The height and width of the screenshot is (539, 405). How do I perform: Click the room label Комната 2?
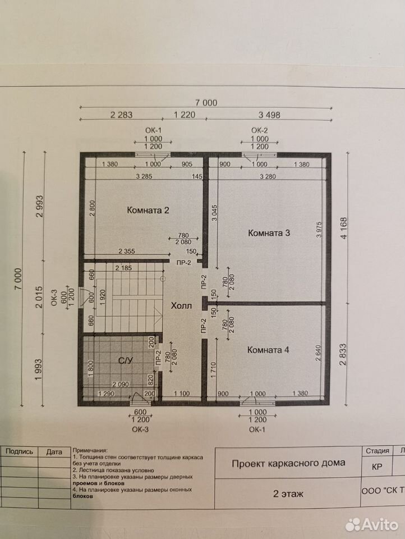coord(148,210)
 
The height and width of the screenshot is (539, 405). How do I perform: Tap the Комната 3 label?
coord(269,233)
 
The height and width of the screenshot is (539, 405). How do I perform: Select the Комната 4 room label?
coord(268,350)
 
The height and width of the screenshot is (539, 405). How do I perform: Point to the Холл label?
coord(181,305)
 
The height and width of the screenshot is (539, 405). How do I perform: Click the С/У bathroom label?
coord(126,360)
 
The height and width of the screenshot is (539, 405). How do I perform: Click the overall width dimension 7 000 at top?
coord(206,102)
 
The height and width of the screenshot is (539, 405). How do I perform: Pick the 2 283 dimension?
coord(121,115)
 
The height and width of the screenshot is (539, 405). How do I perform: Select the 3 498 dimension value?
coord(269,115)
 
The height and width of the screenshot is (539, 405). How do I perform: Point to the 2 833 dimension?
coord(343,355)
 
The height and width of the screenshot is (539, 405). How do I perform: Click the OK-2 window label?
coord(259,130)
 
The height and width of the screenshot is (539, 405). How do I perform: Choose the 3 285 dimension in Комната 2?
coord(144,176)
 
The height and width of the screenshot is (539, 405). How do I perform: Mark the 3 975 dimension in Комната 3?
coord(320,229)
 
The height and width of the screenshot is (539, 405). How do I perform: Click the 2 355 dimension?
coord(127,252)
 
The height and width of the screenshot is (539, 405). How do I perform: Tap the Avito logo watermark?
coord(372,524)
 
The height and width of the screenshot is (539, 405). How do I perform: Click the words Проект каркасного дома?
coord(288,463)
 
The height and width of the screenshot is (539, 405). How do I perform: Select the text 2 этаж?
coord(288,494)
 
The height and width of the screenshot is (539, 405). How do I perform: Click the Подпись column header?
coord(20,451)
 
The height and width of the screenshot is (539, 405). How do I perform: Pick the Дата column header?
coord(54,452)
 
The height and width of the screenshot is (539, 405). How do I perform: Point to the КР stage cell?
coord(377,467)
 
